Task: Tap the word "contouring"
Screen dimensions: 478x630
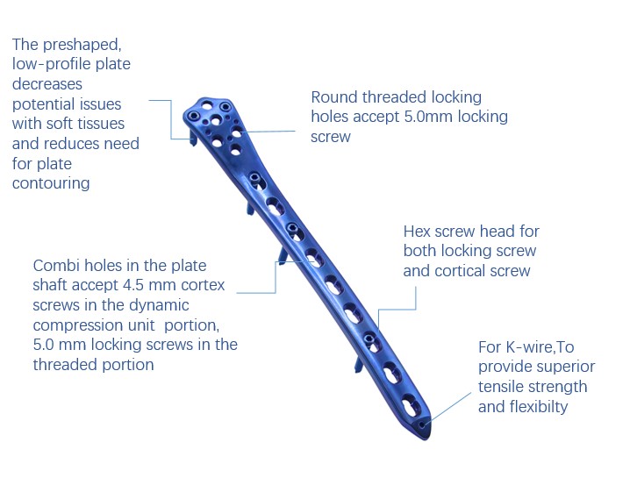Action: click(51, 183)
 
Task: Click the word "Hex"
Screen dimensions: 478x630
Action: click(419, 232)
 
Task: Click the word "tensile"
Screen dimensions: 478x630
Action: click(503, 387)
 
